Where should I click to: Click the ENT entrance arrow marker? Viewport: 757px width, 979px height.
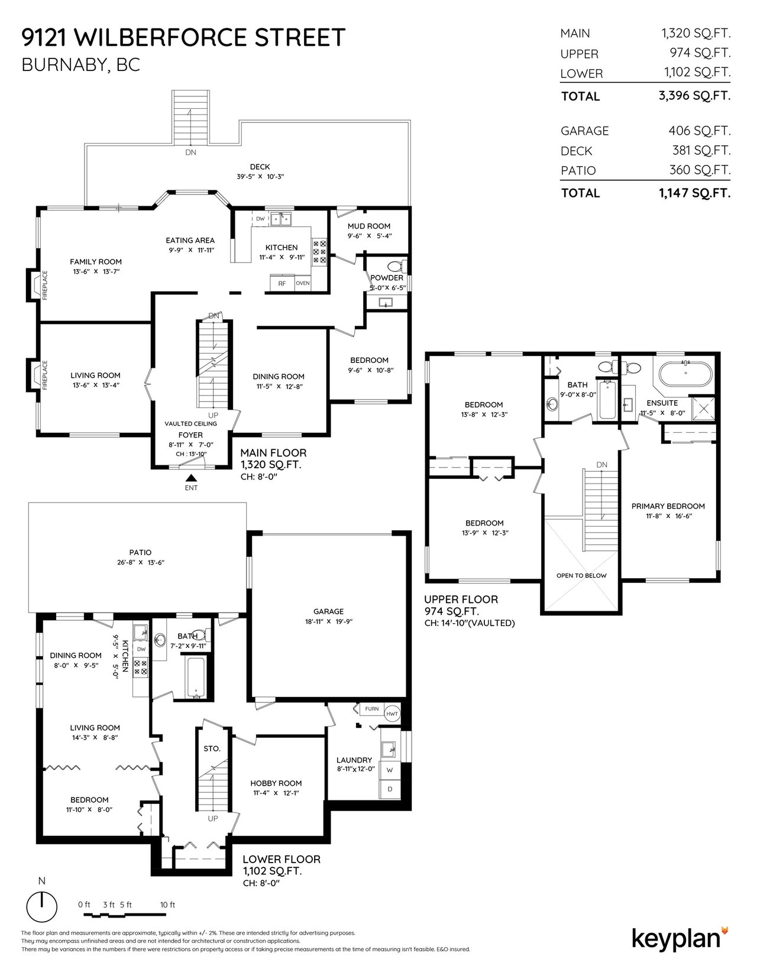point(192,478)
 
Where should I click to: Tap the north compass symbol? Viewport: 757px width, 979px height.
point(42,906)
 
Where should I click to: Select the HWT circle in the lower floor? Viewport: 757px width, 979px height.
point(393,714)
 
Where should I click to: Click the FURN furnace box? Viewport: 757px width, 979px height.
point(372,709)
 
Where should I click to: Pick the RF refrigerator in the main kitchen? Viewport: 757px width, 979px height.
point(282,283)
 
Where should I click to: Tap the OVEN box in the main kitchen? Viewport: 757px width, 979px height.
point(303,283)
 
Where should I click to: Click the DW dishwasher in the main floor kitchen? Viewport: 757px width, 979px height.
point(260,219)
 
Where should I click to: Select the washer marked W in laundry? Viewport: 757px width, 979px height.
point(390,770)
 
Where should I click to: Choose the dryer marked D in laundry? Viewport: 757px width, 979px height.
point(390,789)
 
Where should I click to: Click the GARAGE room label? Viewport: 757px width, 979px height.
point(328,611)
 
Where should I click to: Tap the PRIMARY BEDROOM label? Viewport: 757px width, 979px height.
point(668,506)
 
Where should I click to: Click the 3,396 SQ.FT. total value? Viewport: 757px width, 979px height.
point(694,96)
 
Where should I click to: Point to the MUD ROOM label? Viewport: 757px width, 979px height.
point(369,226)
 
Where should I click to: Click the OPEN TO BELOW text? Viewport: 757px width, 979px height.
point(581,575)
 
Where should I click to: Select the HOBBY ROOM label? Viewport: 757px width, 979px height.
point(276,783)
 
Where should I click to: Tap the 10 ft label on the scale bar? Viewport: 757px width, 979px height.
point(167,905)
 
